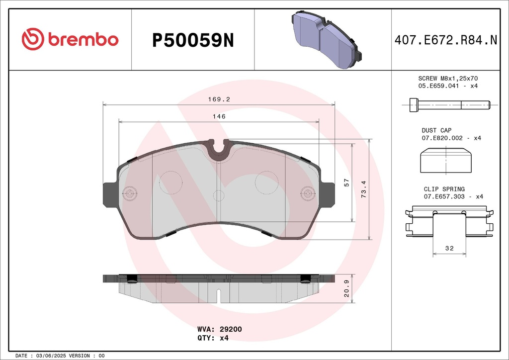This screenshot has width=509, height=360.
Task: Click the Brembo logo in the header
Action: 70,39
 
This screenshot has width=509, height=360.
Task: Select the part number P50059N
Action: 193,41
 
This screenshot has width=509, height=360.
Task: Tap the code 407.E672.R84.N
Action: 446,40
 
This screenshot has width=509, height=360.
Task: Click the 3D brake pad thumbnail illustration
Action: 326,40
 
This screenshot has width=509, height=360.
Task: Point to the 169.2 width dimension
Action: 219,99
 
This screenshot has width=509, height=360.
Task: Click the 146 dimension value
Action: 219,116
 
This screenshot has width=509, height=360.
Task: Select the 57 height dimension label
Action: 346,182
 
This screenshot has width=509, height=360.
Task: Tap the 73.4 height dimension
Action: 363,189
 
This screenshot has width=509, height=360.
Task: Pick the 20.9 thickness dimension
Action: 346,288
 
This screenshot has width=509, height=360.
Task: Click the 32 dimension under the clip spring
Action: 449,248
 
